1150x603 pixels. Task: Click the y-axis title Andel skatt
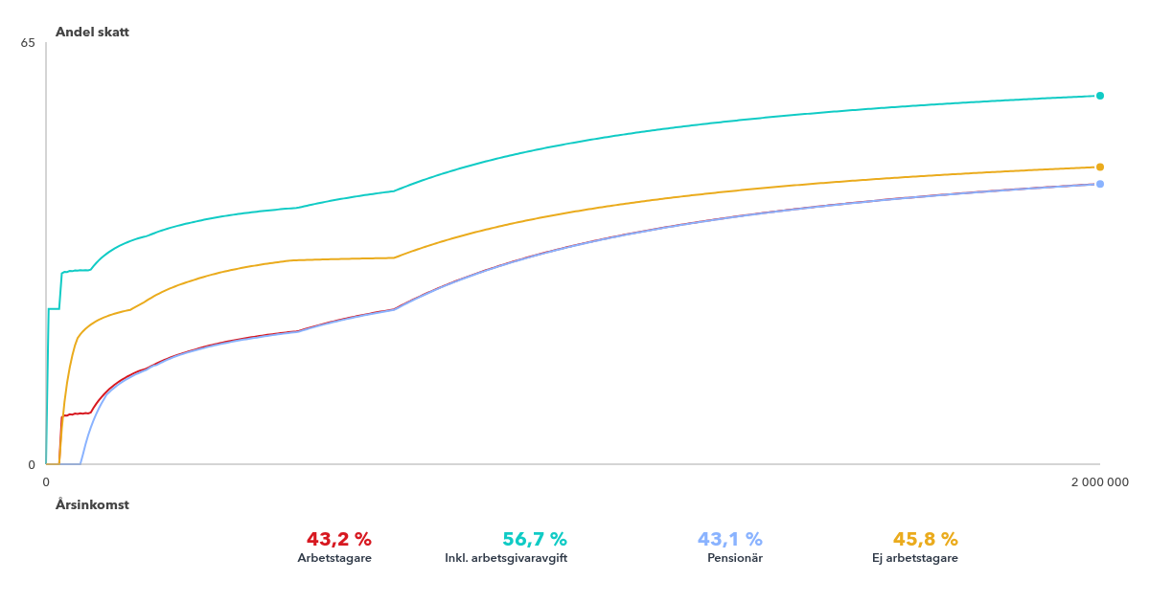(x=92, y=32)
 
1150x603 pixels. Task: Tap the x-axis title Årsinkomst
(x=92, y=504)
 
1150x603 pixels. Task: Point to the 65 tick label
(x=28, y=43)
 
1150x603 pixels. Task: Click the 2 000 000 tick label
(x=1099, y=482)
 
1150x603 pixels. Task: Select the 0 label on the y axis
(x=32, y=465)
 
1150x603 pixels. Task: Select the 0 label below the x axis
(x=46, y=482)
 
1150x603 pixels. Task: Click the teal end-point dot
(x=1100, y=96)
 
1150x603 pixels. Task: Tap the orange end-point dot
(x=1100, y=167)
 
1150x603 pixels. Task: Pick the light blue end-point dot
(x=1100, y=184)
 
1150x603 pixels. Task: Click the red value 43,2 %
(x=338, y=539)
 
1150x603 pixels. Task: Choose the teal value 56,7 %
(x=535, y=539)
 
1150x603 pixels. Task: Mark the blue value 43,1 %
(x=730, y=539)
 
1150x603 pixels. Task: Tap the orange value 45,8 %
(x=926, y=539)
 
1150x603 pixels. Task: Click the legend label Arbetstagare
(x=334, y=558)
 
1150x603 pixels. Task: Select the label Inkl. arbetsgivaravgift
(x=506, y=558)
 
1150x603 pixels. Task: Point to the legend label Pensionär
(x=735, y=558)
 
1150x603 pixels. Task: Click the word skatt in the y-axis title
(x=112, y=32)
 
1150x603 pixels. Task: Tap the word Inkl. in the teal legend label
(x=457, y=558)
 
